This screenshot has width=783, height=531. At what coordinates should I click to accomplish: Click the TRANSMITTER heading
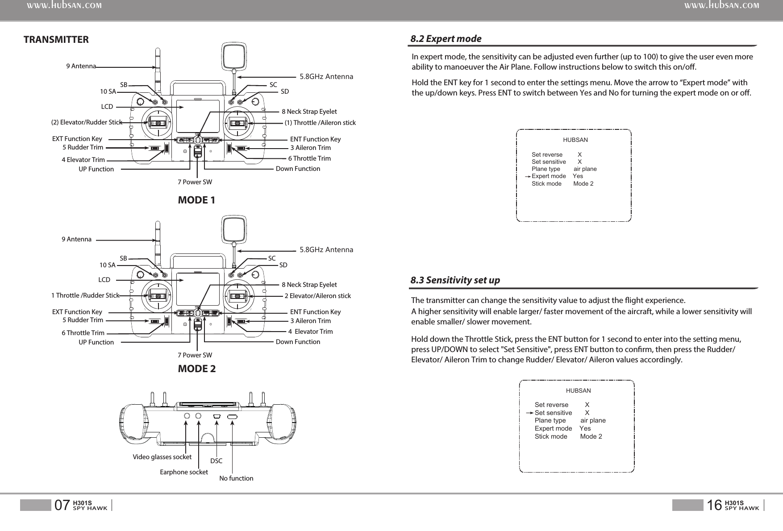pos(56,40)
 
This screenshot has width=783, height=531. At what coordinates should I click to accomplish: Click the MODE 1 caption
pos(196,200)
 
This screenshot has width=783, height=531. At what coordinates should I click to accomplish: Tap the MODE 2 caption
pos(196,369)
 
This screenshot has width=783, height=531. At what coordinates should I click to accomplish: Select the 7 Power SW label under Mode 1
pos(195,182)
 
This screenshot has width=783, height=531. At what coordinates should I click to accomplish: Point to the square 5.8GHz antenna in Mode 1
pos(234,56)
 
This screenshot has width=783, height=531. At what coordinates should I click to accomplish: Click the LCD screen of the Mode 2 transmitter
pos(198,289)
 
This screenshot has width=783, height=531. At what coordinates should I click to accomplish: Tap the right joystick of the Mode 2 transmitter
pos(238,295)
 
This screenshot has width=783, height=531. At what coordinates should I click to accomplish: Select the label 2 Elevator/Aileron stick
pos(317,296)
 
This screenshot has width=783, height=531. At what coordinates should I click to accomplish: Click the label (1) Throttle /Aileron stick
pos(320,123)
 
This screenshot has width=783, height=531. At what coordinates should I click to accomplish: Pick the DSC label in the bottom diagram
pos(216,460)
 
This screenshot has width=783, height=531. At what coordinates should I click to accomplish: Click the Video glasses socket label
pos(162,457)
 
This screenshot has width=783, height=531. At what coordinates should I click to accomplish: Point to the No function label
pos(236,478)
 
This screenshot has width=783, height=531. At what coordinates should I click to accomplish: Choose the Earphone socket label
pos(183,472)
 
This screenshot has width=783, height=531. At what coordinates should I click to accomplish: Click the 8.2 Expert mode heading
pos(446,39)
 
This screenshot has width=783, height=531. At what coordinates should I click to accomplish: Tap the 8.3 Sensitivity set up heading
pos(455,280)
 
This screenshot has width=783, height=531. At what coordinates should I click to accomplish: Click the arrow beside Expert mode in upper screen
pos(528,176)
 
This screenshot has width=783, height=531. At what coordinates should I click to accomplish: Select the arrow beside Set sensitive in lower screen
pos(530,413)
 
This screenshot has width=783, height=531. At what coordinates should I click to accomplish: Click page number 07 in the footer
pos(62,505)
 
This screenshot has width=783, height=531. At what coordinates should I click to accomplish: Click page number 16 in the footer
pos(714,505)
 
